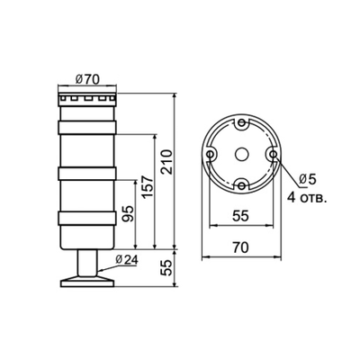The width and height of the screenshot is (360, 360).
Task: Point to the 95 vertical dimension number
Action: click(x=128, y=215)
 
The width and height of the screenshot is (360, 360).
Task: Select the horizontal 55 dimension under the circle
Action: click(x=240, y=217)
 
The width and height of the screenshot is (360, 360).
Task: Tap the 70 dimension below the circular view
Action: click(x=240, y=246)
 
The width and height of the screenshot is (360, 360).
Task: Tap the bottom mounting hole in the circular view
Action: click(x=240, y=185)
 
